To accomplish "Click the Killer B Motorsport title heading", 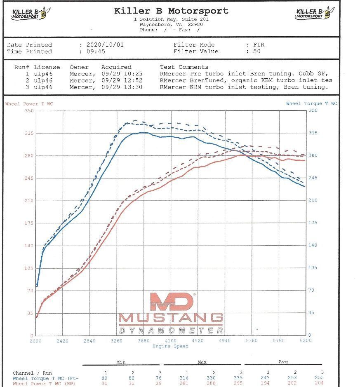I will click(x=171, y=11).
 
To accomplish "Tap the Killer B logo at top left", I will click(x=28, y=14).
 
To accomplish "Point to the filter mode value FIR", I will click(x=259, y=45).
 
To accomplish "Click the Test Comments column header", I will click(x=184, y=67).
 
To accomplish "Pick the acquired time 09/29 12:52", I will click(x=122, y=80).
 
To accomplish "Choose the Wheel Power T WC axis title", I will click(x=29, y=104).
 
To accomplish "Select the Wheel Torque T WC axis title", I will click(x=311, y=103).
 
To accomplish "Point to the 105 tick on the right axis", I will click(x=313, y=267).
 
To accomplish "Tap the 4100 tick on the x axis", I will click(x=170, y=341).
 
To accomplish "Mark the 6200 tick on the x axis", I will click(x=306, y=341).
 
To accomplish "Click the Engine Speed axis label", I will click(x=170, y=346).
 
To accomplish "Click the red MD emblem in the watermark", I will click(x=172, y=302).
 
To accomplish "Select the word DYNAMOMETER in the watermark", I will click(x=171, y=331).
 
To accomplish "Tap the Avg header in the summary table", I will click(x=283, y=362).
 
